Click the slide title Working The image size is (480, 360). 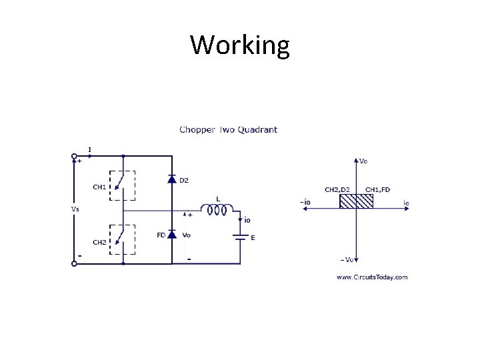[240, 45]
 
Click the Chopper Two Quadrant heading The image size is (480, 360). [228, 129]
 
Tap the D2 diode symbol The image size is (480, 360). [171, 179]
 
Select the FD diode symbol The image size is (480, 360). [171, 234]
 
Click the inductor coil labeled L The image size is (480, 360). [216, 210]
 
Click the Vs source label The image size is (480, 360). [75, 208]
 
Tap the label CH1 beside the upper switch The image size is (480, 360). [99, 187]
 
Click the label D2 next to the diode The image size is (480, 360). [184, 180]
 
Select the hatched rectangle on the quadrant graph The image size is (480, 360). [356, 201]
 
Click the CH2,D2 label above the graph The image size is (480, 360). [337, 189]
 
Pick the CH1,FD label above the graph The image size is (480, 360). [377, 189]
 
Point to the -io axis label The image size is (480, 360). [305, 202]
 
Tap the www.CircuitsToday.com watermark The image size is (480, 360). [371, 277]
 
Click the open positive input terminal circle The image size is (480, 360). [74, 157]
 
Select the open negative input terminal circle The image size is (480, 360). [74, 263]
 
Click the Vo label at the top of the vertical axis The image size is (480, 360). [363, 161]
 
